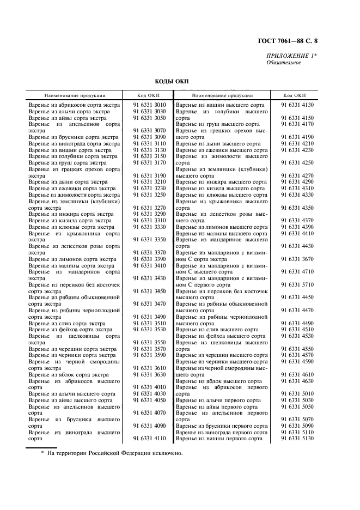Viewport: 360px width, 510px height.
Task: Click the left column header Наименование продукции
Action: [x=75, y=94]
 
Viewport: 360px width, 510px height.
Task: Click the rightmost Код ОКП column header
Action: [x=296, y=94]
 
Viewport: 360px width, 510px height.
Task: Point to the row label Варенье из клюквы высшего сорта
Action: [x=221, y=195]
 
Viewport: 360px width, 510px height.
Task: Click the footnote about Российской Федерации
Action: [x=112, y=453]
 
